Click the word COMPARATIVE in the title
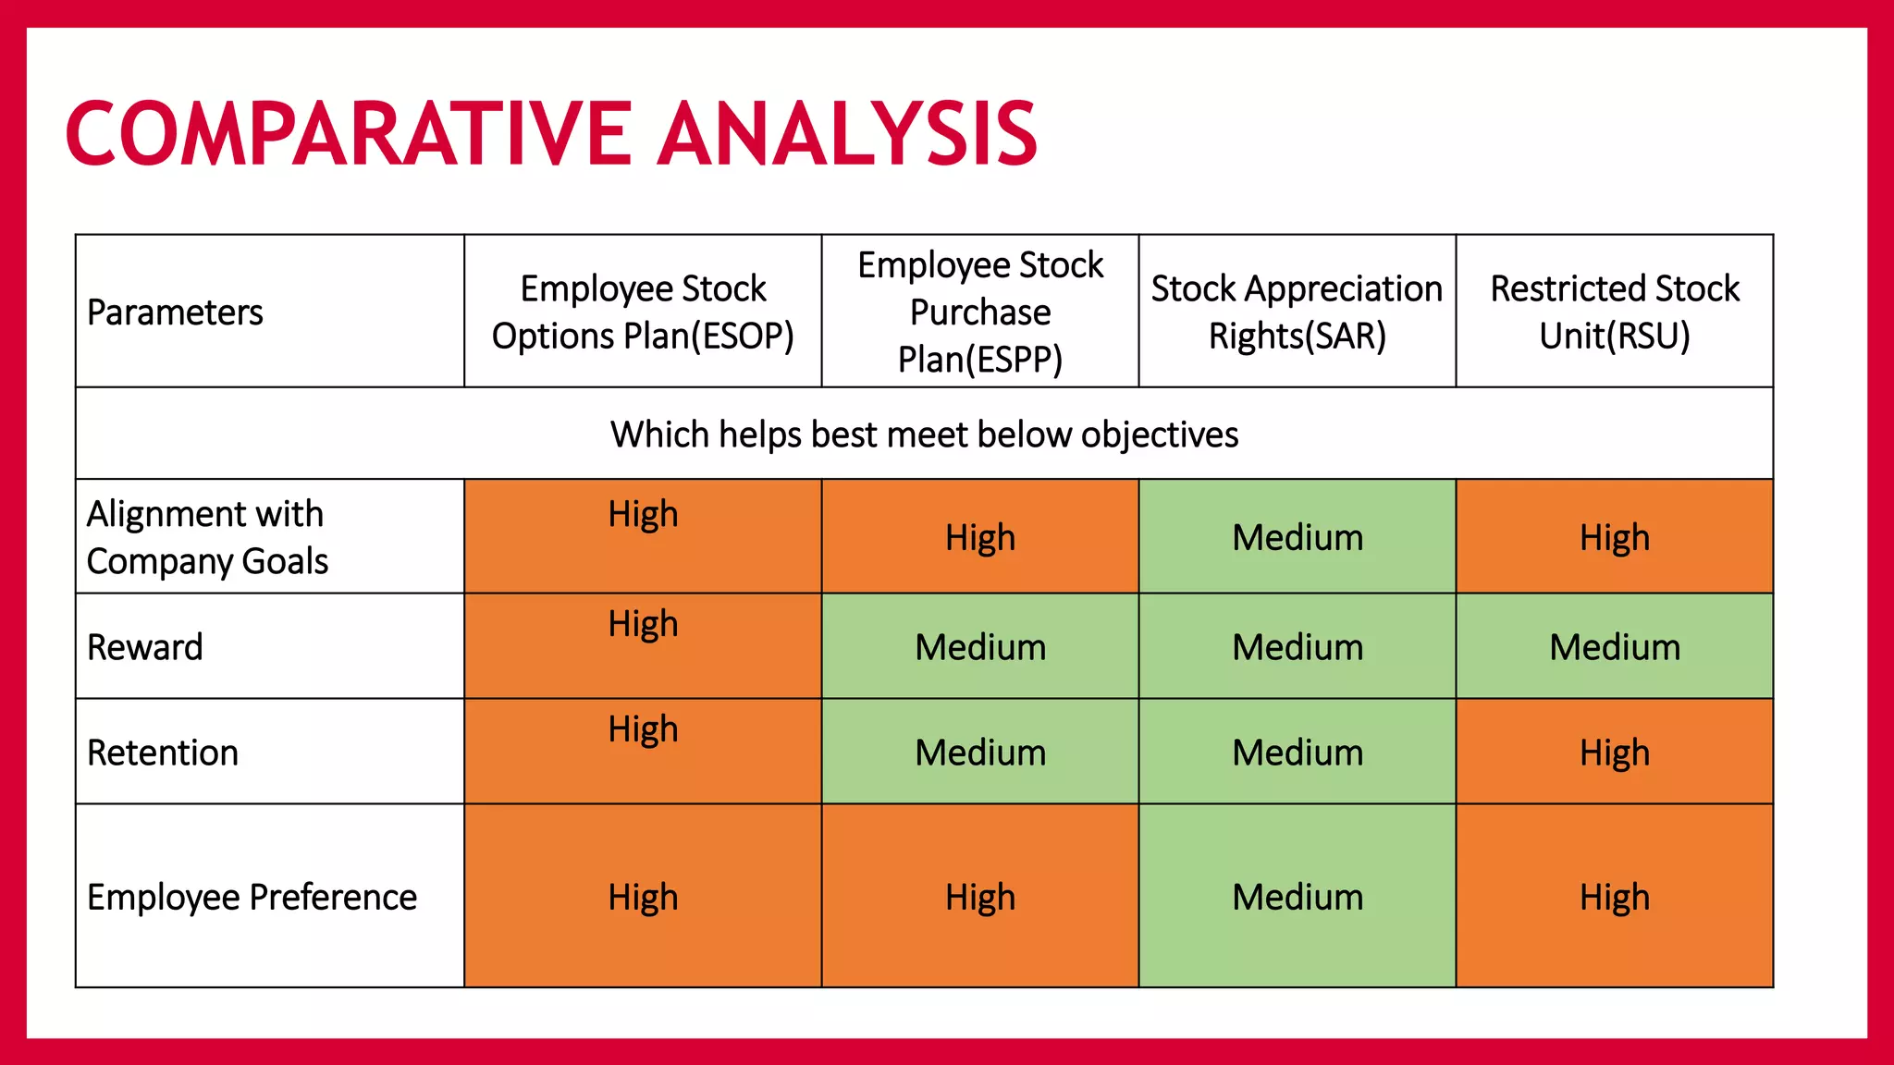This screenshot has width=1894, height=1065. coord(349,134)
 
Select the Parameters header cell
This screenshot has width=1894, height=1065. coord(175,312)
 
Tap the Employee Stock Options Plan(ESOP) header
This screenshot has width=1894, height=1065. coord(643,312)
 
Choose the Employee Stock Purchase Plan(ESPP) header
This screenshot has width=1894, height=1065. coord(980,312)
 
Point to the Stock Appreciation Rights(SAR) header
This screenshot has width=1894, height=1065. coord(1297,312)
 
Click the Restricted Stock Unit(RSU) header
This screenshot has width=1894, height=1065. coord(1615,312)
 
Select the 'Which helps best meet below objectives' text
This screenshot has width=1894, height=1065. coord(924,435)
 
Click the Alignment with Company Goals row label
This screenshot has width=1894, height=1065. coord(207,537)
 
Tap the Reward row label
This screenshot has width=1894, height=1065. coord(145,647)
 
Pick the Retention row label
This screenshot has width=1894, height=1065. coord(163,753)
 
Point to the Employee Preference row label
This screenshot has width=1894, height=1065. coord(252,897)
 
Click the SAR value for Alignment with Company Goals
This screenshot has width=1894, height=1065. coord(1298,537)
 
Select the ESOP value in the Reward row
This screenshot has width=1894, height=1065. coord(643,625)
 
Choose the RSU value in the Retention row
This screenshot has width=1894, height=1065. coord(1615,753)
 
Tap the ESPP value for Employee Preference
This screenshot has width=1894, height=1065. coord(980,897)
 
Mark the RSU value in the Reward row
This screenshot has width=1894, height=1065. coord(1615,647)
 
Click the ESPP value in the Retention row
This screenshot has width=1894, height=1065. coord(980,753)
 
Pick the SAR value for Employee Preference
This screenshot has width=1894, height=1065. coord(1298,897)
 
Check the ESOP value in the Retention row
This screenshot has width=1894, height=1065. coord(643,730)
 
